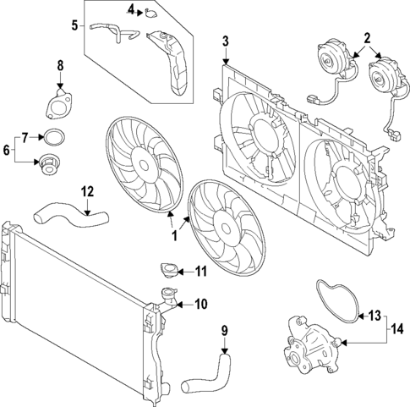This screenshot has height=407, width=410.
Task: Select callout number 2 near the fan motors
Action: (367, 37)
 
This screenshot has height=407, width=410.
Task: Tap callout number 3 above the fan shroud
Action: (225, 41)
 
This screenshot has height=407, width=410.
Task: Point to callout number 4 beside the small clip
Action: (132, 10)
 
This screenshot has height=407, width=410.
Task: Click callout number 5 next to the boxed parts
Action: (75, 25)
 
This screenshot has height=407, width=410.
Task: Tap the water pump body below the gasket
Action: (312, 347)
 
